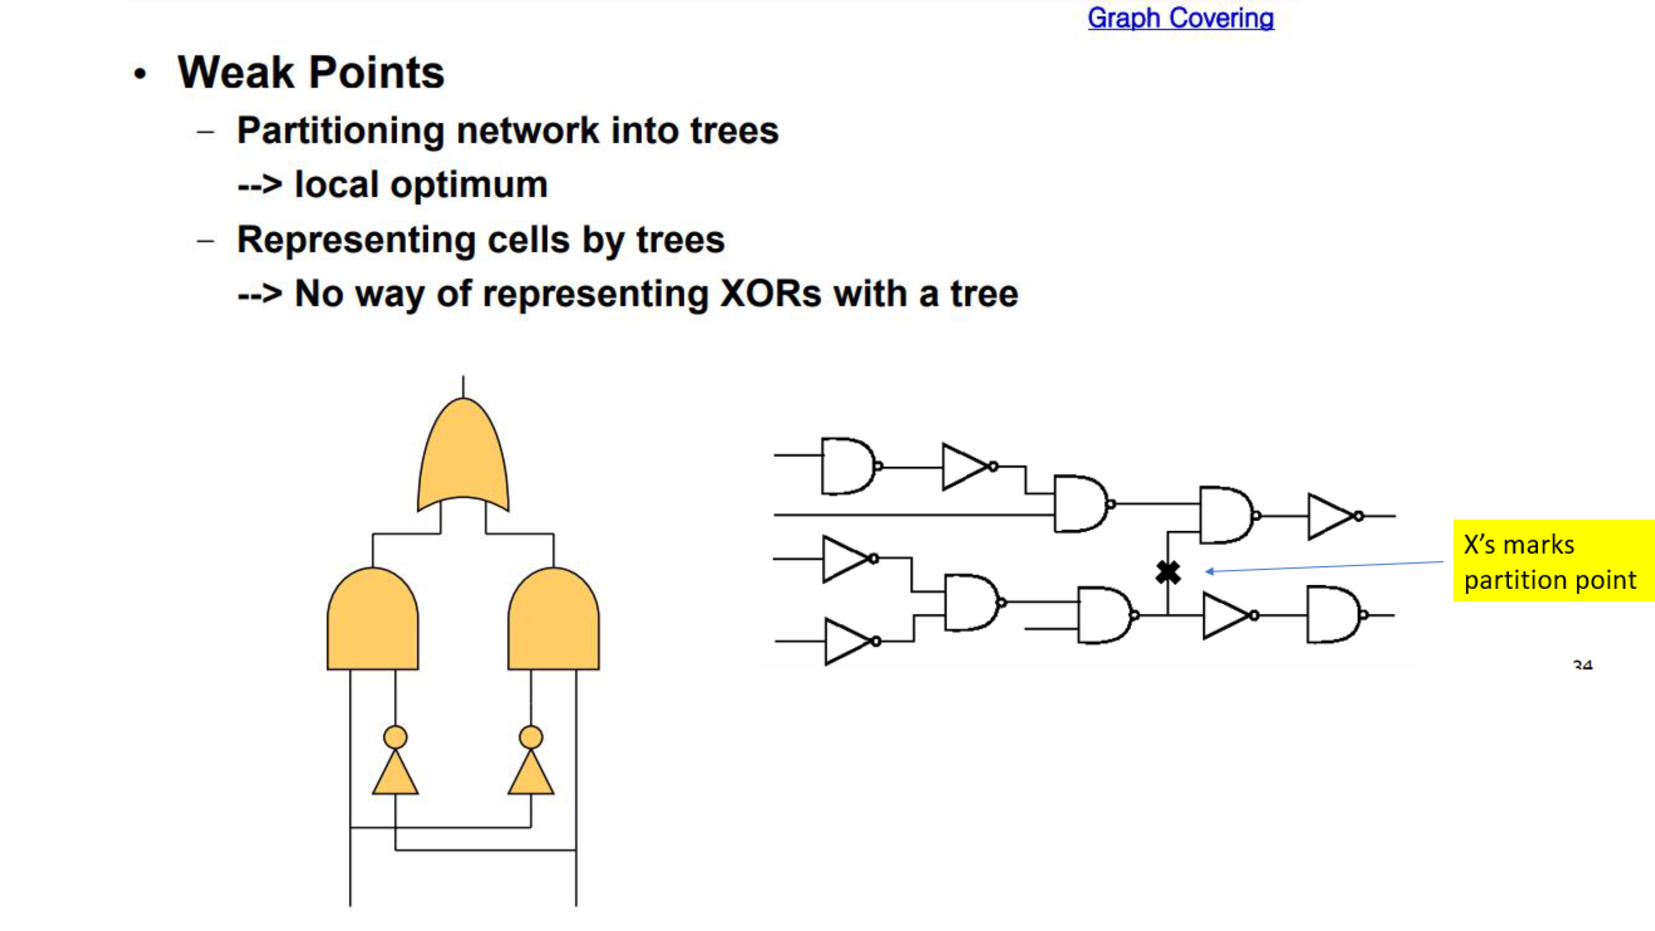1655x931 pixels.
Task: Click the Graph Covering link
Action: click(x=1180, y=18)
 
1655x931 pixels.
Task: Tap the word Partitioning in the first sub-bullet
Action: click(x=341, y=132)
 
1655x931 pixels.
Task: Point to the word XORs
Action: click(x=770, y=294)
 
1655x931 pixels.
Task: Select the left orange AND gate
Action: click(x=373, y=618)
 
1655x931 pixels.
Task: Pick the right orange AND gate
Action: click(x=553, y=618)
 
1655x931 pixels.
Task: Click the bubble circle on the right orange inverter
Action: click(x=531, y=737)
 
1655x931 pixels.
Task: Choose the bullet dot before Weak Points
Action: click(x=140, y=74)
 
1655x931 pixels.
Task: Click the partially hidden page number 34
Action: click(x=1583, y=665)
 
